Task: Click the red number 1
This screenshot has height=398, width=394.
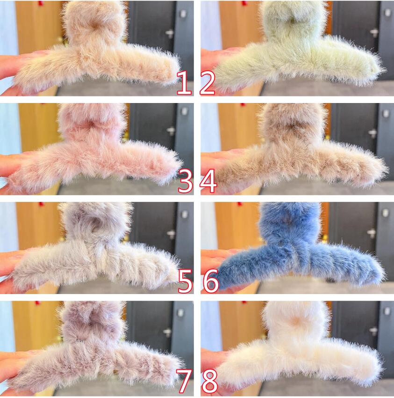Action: click(x=185, y=83)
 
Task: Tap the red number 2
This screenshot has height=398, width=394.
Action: click(x=208, y=83)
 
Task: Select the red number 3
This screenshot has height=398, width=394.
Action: click(x=186, y=182)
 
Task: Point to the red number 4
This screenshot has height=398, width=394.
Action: click(x=208, y=181)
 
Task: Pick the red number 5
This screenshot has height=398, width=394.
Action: click(x=186, y=281)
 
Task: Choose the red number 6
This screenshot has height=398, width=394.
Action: click(x=211, y=281)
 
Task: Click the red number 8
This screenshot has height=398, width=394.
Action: click(x=210, y=381)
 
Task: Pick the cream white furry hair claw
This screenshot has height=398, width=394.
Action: click(x=296, y=350)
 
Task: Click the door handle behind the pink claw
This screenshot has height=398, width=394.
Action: click(x=170, y=131)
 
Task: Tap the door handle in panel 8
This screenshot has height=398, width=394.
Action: click(x=373, y=331)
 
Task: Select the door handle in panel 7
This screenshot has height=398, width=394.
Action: click(x=167, y=332)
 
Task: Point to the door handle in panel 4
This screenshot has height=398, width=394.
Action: click(x=372, y=133)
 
